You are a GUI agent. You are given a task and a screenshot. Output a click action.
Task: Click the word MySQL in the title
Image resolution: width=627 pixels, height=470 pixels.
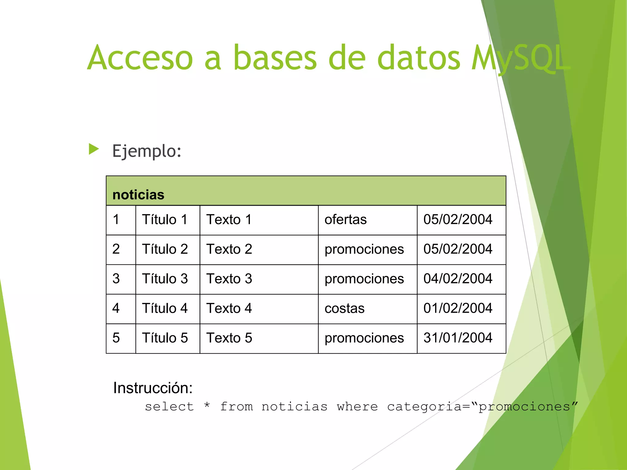pyautogui.click(x=520, y=58)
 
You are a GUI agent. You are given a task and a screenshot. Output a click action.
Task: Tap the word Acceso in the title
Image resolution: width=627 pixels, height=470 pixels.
pyautogui.click(x=140, y=58)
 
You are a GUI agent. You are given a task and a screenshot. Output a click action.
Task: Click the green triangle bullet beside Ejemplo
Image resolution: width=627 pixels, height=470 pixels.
pyautogui.click(x=94, y=149)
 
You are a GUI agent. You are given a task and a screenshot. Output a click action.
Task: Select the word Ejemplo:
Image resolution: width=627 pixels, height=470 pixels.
pyautogui.click(x=147, y=151)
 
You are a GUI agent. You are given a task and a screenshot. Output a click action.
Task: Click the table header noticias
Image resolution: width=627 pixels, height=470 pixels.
pyautogui.click(x=138, y=195)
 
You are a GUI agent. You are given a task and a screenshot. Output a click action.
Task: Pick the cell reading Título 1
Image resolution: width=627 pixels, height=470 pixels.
pyautogui.click(x=165, y=220)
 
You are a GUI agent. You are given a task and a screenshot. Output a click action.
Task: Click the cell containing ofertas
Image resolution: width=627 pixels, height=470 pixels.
pyautogui.click(x=346, y=220)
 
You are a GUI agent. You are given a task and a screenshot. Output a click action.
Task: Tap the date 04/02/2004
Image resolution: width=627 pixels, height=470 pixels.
pyautogui.click(x=458, y=279)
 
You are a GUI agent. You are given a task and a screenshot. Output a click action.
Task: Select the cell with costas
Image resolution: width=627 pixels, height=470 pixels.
pyautogui.click(x=344, y=308)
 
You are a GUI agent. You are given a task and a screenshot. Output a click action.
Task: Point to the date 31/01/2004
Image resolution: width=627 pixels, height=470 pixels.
pyautogui.click(x=458, y=338)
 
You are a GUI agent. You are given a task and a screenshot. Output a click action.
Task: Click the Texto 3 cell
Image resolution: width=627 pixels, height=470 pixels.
pyautogui.click(x=229, y=279)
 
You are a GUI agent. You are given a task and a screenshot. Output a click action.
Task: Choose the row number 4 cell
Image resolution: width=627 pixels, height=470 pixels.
pyautogui.click(x=116, y=308)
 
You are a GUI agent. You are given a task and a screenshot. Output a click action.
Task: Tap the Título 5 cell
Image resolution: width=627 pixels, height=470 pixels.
pyautogui.click(x=165, y=338)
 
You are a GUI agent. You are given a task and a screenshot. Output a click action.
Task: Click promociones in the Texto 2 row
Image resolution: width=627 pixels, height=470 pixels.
pyautogui.click(x=364, y=249)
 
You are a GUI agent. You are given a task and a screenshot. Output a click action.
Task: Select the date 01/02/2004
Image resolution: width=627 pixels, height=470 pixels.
pyautogui.click(x=458, y=308)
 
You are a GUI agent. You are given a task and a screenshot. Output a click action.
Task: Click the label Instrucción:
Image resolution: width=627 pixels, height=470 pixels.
pyautogui.click(x=153, y=388)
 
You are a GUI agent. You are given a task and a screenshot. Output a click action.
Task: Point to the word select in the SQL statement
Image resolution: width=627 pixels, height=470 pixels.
pyautogui.click(x=169, y=407)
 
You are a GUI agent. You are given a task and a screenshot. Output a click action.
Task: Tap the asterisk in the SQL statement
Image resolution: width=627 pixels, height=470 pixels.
pyautogui.click(x=207, y=406)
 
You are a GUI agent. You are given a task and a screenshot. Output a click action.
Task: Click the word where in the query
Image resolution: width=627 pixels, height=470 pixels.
pyautogui.click(x=357, y=407)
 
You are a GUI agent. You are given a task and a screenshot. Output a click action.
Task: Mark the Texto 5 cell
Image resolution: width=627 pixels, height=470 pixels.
pyautogui.click(x=229, y=338)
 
